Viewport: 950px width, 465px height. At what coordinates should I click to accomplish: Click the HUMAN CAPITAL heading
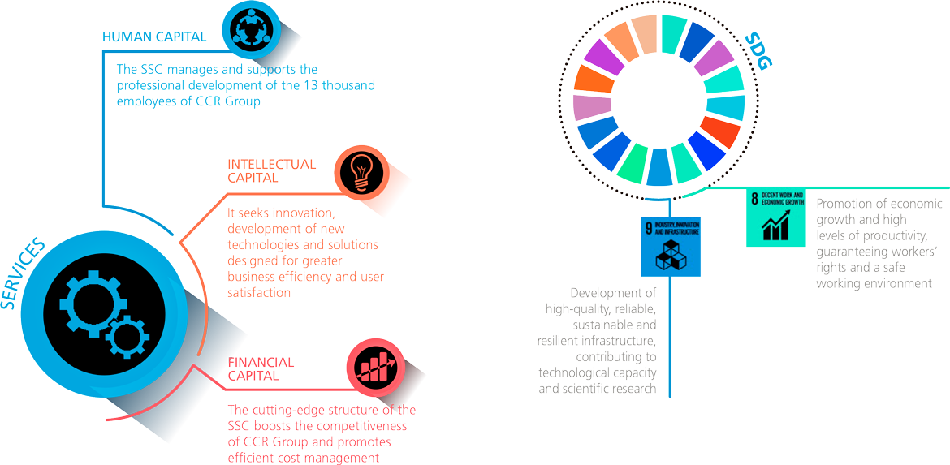pos(154,37)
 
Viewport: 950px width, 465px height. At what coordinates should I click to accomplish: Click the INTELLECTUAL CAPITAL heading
pos(271,170)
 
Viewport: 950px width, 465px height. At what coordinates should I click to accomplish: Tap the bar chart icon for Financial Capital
pos(372,363)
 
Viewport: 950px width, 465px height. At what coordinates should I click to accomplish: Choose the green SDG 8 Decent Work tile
pos(775,217)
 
